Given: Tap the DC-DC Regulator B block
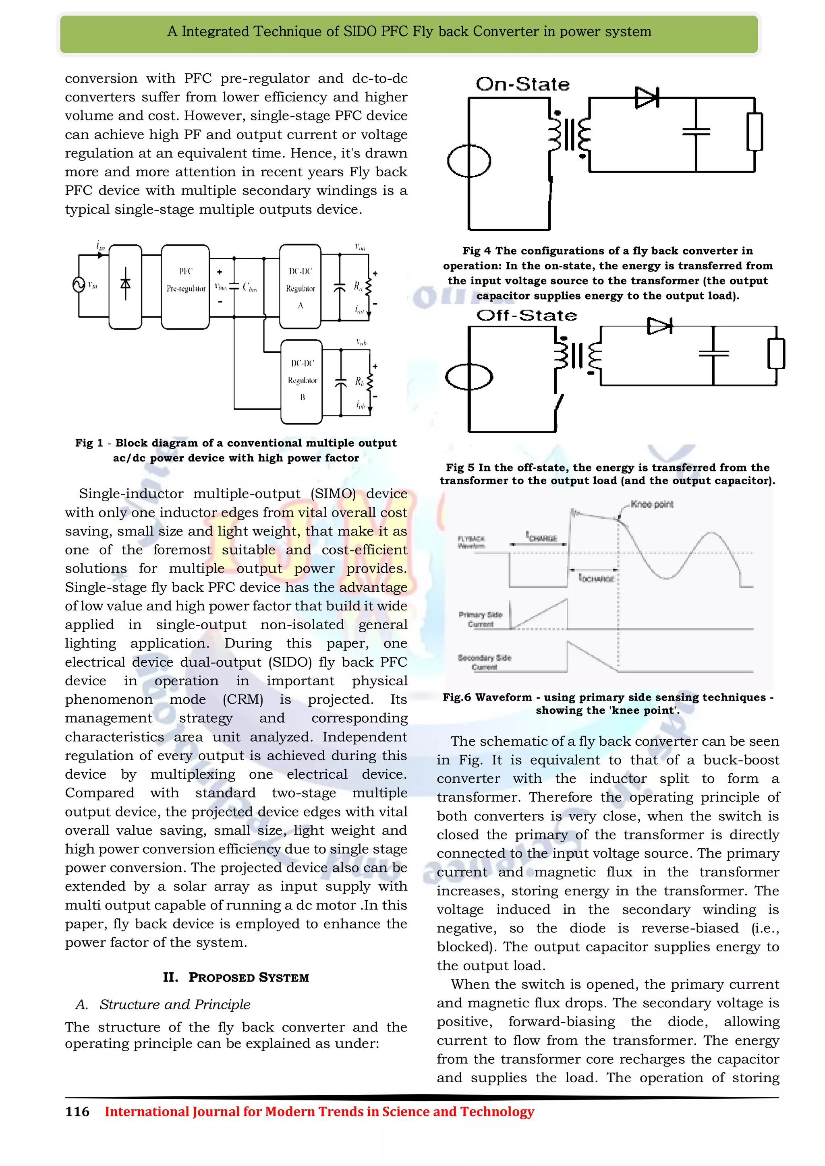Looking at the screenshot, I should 302,381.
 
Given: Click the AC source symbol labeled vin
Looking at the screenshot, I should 79,284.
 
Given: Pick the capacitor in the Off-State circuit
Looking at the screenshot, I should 713,353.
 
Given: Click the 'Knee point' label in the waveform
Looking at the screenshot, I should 652,504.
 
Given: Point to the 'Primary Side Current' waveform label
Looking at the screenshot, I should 480,619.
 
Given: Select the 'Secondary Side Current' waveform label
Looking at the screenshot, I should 484,662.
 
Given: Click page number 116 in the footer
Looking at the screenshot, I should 77,1112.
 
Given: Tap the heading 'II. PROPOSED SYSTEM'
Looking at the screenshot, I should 236,977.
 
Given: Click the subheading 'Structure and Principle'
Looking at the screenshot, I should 175,1004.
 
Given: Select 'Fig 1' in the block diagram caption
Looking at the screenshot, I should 89,443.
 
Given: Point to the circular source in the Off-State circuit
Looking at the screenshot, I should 469,377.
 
